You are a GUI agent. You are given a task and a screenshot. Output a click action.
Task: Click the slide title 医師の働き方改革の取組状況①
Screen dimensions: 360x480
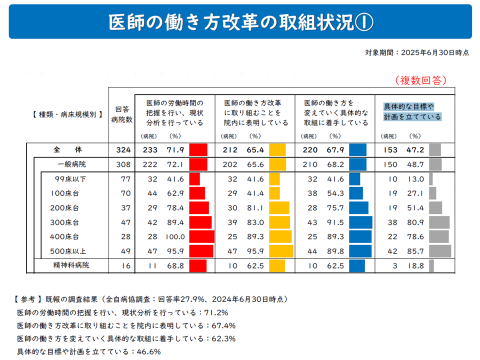(x=240, y=22)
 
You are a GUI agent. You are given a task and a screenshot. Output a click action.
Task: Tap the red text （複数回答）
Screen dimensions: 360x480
(x=420, y=80)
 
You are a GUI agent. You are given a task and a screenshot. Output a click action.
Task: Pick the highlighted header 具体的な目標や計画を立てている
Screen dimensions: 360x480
(x=412, y=112)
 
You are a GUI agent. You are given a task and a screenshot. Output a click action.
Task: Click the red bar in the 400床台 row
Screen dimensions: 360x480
(x=201, y=236)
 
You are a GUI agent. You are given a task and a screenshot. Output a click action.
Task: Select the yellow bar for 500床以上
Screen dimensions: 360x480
(x=281, y=251)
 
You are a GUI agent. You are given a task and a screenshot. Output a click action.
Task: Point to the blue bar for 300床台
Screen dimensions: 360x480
(x=360, y=222)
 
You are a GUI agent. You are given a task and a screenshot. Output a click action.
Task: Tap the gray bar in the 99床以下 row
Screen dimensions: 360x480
(x=430, y=179)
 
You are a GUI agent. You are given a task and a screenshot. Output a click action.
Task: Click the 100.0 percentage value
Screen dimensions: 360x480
(x=175, y=236)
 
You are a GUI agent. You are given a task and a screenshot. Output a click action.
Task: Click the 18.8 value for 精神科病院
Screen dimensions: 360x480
(x=415, y=265)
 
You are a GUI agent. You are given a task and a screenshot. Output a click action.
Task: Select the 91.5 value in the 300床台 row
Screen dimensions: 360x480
(x=335, y=222)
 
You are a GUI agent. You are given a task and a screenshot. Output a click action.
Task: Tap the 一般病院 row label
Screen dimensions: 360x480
(x=71, y=164)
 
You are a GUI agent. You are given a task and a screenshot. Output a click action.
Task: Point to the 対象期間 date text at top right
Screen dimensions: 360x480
(x=417, y=52)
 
